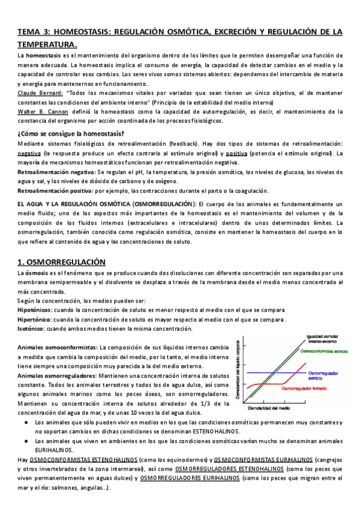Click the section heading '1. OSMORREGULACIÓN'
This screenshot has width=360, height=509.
[x=61, y=262]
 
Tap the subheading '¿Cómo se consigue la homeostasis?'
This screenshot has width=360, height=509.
[x=71, y=133]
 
